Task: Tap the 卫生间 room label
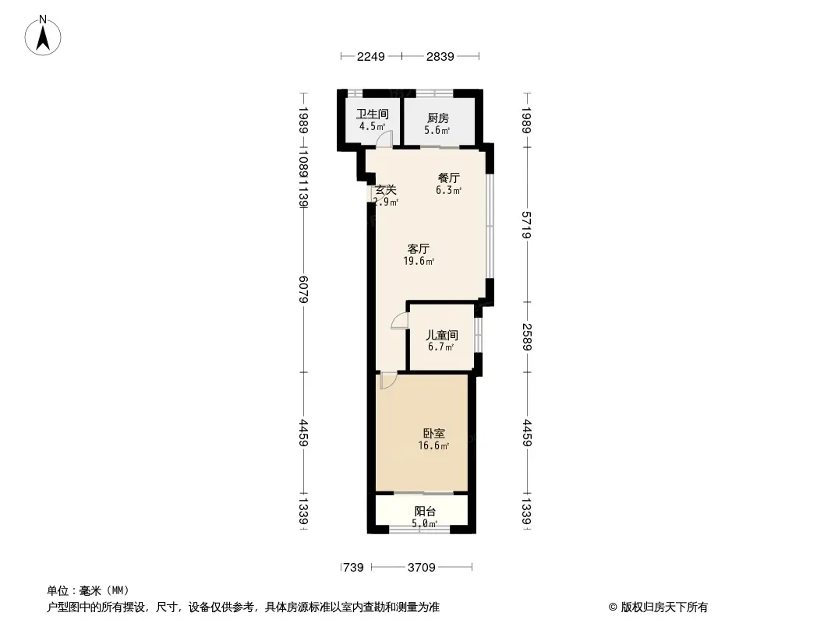click(372, 114)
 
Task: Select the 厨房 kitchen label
click(437, 118)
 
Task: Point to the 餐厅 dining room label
click(448, 178)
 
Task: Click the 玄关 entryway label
click(386, 189)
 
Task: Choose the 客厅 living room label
click(419, 249)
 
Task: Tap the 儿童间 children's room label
click(441, 335)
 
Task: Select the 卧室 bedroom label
click(434, 434)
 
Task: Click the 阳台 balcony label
click(425, 512)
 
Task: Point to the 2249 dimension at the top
click(371, 57)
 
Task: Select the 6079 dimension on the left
click(304, 290)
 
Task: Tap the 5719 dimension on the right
click(527, 225)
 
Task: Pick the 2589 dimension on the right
click(527, 337)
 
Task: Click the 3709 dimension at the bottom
click(421, 568)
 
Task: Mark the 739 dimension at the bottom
click(353, 568)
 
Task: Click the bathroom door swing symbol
click(384, 139)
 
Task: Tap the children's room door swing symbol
click(400, 322)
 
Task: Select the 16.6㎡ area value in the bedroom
click(434, 446)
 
